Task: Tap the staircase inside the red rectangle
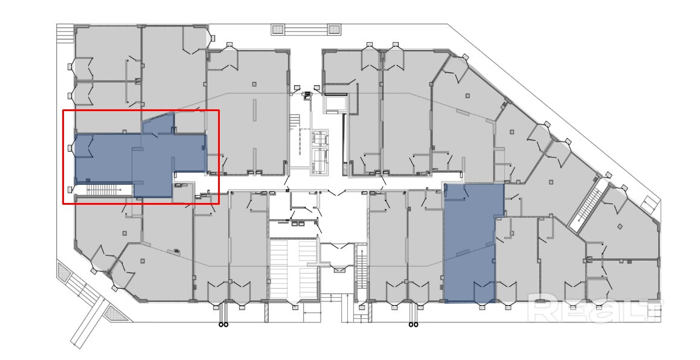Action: (x=105, y=190)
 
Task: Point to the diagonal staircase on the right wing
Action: (x=588, y=207)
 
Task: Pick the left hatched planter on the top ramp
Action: (x=278, y=30)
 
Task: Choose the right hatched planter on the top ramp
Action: (x=335, y=30)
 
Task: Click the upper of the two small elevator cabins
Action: (x=320, y=139)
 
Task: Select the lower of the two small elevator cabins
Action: (x=320, y=158)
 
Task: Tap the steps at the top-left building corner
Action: (x=65, y=33)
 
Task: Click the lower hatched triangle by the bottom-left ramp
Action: (x=115, y=312)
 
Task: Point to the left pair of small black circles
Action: (x=223, y=325)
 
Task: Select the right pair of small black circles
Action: (x=414, y=325)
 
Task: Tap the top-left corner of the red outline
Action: (x=63, y=111)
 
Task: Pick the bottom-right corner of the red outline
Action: (x=219, y=204)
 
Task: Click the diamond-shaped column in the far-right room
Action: (x=620, y=227)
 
